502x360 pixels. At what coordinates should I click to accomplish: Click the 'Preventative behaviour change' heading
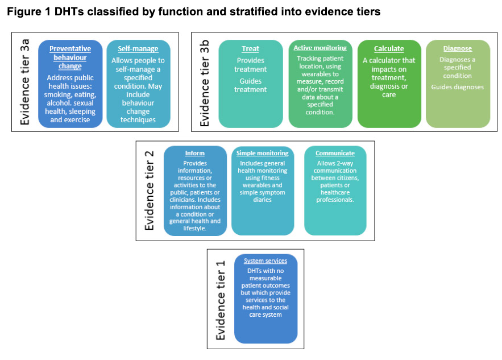tap(70, 57)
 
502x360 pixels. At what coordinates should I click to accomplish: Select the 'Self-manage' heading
tap(138, 49)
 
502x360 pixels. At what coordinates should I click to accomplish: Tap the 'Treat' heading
tap(250, 49)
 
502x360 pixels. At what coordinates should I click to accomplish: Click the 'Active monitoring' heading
tap(320, 48)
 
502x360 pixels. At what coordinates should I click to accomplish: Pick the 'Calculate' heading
tap(389, 49)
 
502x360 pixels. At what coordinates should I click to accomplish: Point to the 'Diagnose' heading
tap(458, 48)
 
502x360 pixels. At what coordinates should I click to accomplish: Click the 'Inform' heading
tap(194, 153)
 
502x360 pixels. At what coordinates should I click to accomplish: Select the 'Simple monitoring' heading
tap(263, 153)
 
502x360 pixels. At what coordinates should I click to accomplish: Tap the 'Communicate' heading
tap(335, 153)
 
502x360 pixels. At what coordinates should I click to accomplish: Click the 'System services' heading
tap(265, 260)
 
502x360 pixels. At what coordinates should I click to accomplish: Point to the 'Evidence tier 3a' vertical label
tap(25, 82)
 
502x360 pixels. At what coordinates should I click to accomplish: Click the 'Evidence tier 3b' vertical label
tap(205, 83)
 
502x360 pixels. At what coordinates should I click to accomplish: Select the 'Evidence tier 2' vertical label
tap(150, 191)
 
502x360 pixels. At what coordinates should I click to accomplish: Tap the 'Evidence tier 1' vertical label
tap(221, 300)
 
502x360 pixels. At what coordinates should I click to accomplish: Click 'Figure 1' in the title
tap(29, 12)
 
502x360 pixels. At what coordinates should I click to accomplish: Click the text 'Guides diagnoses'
tap(458, 87)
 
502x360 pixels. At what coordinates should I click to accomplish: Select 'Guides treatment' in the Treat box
tap(250, 85)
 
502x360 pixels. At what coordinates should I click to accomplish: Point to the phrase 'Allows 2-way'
tap(335, 163)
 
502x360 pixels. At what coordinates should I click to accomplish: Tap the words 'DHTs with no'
tap(265, 271)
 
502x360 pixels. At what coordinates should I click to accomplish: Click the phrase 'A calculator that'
tap(389, 60)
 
